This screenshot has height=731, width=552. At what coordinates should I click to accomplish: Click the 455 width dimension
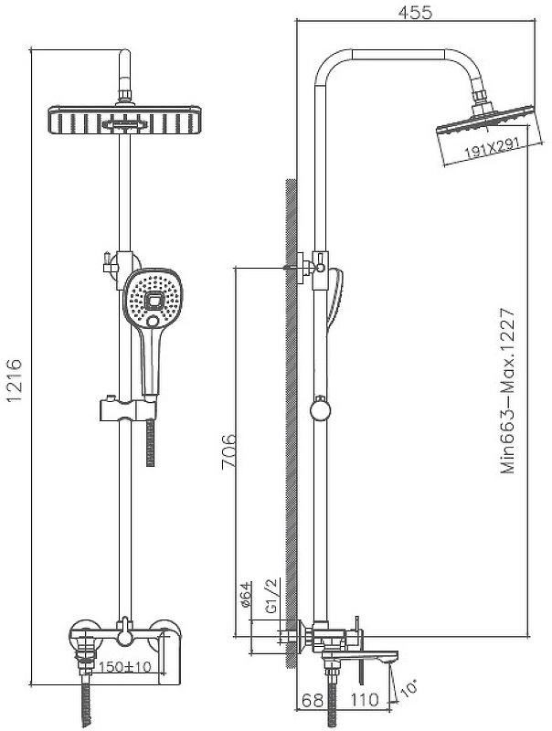pos(415,12)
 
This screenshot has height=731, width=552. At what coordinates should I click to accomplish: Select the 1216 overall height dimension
pos(14,380)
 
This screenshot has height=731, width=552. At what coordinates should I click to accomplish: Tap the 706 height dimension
pos(228,451)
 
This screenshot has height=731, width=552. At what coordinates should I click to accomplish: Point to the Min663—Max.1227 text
pos(508,391)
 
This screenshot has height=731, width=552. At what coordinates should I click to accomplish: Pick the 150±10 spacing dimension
pos(124,668)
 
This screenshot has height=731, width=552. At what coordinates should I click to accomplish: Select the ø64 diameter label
pos(246,594)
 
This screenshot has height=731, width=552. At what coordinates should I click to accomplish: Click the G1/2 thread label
pos(271,596)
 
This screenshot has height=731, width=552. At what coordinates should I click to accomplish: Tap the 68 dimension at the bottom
pos(313,700)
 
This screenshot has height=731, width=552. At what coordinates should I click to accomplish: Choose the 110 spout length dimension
pos(365,699)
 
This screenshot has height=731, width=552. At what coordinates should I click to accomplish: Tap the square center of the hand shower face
pos(154,301)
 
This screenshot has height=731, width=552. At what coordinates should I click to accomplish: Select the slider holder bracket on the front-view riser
pos(128,408)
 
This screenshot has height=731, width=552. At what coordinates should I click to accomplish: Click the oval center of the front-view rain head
pos(125,125)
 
